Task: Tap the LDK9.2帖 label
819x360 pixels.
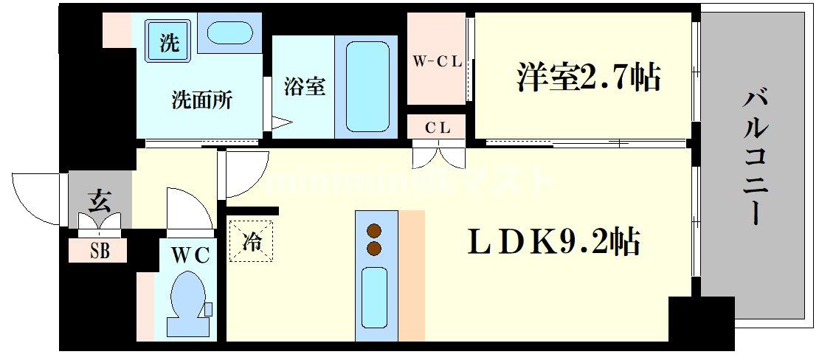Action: click(x=553, y=241)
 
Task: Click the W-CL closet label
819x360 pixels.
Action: click(x=437, y=62)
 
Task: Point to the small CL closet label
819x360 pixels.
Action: click(x=437, y=126)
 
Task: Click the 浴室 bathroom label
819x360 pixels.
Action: click(x=304, y=86)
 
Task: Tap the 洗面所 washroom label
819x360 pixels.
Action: click(x=202, y=100)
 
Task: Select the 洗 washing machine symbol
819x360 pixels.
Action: click(x=170, y=43)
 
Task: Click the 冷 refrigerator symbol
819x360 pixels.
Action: click(x=252, y=242)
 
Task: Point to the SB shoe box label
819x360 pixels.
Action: click(x=100, y=252)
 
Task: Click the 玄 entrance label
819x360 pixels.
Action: click(x=99, y=201)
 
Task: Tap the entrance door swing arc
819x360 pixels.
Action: click(x=37, y=199)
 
